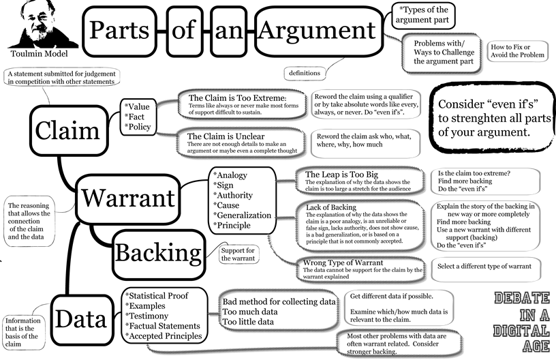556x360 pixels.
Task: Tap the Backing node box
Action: click(x=156, y=252)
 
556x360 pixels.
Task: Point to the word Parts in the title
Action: click(x=121, y=29)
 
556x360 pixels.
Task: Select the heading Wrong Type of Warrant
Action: click(x=345, y=262)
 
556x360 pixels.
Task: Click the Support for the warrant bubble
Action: click(x=238, y=254)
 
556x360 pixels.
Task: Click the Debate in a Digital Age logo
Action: click(x=521, y=315)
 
